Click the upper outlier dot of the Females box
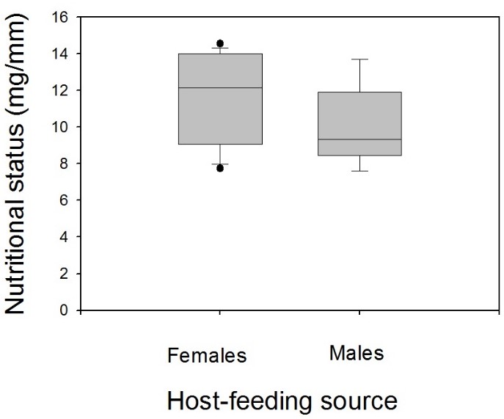(220, 43)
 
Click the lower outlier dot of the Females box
(220, 168)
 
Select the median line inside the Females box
(220, 88)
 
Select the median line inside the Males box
(359, 139)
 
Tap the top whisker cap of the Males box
(359, 59)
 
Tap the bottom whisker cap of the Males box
(359, 171)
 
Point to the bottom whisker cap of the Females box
(220, 164)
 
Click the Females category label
(208, 355)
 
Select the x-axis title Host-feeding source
(282, 401)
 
